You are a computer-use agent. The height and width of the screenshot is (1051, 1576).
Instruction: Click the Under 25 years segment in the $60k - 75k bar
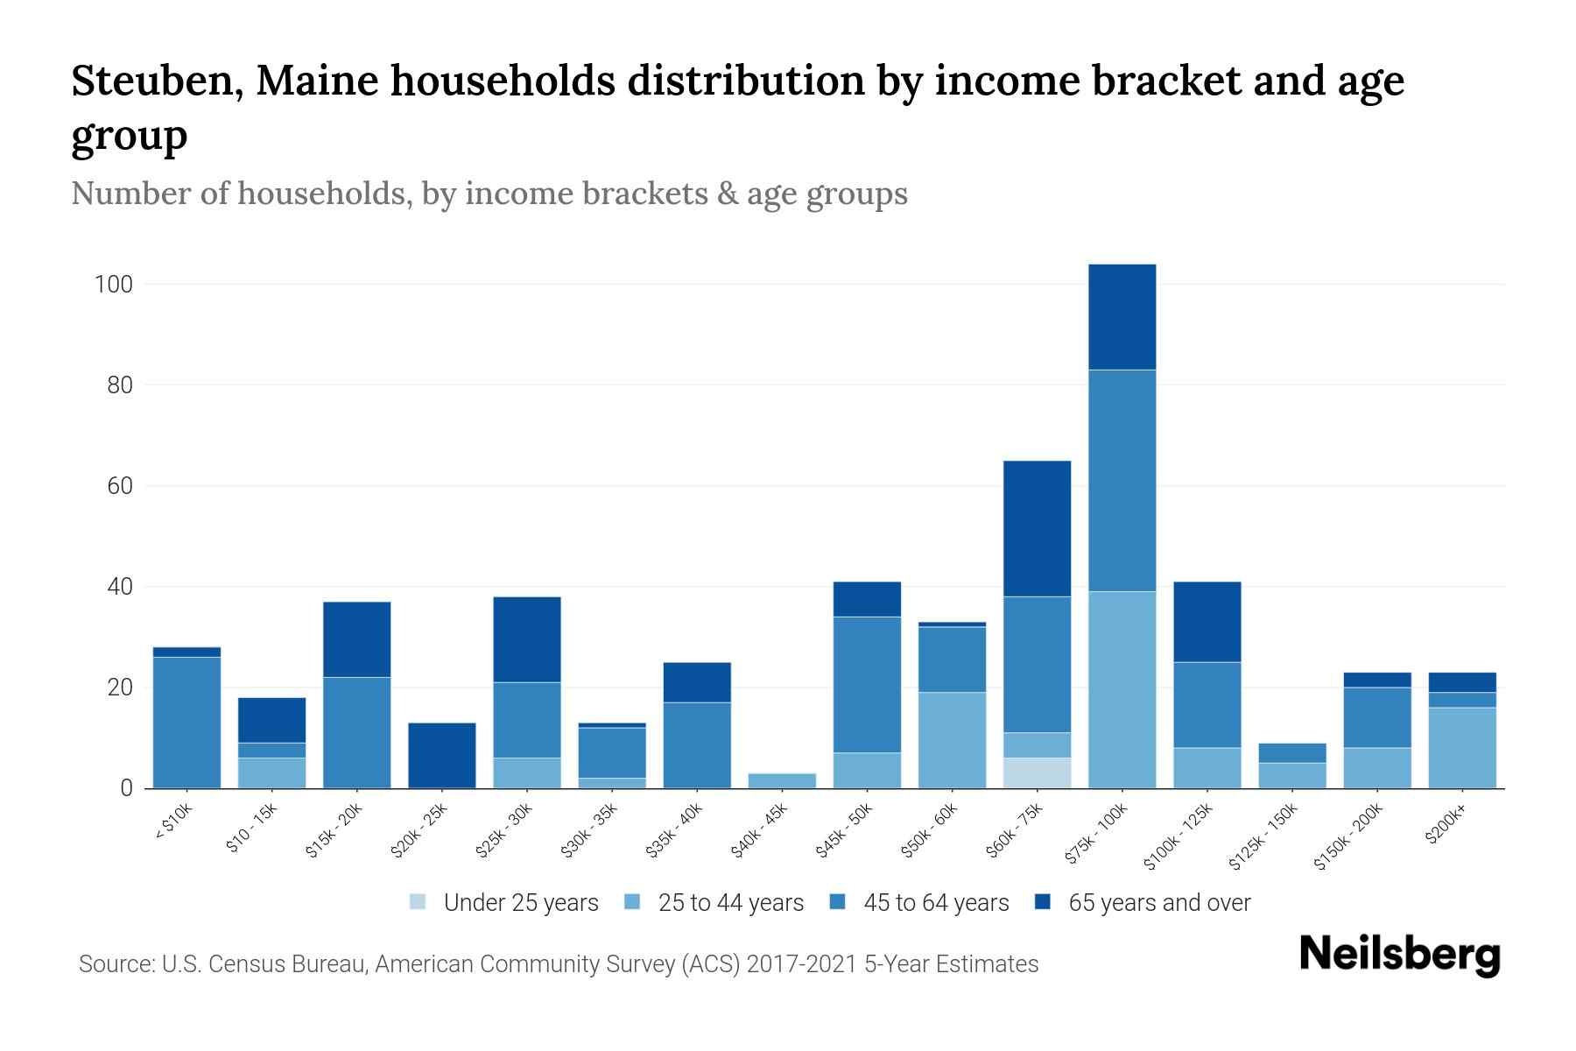tap(1037, 772)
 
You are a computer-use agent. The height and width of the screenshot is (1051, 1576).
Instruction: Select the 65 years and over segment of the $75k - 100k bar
tap(1122, 317)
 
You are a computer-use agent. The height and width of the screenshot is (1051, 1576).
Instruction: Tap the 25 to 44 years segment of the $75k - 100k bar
tap(1122, 689)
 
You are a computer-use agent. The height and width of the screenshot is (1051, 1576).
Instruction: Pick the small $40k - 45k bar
tap(782, 780)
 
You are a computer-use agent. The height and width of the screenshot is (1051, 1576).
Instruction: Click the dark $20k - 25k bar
tap(442, 755)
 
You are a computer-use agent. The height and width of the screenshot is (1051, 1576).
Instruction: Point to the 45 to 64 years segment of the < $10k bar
tap(186, 722)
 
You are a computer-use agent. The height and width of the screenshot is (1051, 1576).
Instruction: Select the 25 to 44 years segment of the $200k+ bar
tap(1461, 747)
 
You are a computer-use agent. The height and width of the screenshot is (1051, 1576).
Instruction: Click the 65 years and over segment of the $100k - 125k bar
tap(1207, 622)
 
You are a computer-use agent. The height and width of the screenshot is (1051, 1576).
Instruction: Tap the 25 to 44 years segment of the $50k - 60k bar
tap(952, 740)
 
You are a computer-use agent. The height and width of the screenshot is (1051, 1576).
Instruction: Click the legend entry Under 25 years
tap(520, 903)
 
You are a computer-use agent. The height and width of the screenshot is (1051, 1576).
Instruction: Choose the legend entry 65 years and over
tap(1158, 903)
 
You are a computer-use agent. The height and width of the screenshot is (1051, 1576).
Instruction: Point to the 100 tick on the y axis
tap(114, 285)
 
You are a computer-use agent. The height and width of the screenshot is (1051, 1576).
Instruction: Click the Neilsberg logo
tap(1399, 955)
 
